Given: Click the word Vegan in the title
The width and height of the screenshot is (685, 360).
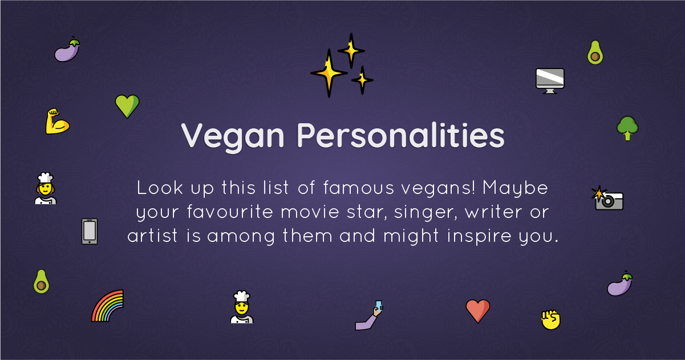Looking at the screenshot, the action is coord(232,137).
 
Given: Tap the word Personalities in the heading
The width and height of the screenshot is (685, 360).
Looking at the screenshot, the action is coord(400,135).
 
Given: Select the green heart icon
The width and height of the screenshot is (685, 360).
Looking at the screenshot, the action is coord(127,106).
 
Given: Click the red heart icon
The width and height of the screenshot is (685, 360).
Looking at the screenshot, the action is coord(477,311).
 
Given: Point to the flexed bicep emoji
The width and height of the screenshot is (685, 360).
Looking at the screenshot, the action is coord(57,122).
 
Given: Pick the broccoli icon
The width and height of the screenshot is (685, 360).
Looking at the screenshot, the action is coord(627,128).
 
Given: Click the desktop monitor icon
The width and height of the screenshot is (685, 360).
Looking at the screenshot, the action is coord(550,81).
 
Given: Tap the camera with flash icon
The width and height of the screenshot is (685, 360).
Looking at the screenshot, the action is coord(607,199).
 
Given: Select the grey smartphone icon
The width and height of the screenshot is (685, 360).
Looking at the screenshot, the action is coord(90,232).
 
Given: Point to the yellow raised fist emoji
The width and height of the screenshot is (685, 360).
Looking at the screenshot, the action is coord(551,319).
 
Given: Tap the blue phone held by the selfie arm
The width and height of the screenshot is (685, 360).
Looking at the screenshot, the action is coord(379,305).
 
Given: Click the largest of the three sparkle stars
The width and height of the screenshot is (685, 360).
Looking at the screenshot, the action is coord(329,73).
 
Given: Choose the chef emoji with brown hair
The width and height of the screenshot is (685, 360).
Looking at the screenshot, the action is coord(46,188).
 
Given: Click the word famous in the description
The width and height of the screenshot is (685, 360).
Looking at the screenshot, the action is coord(359,188).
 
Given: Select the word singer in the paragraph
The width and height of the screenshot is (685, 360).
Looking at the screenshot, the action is coord(425,213).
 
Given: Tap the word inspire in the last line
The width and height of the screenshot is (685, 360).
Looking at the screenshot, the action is coord(479,236).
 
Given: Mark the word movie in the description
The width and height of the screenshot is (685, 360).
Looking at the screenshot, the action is coord(310,212).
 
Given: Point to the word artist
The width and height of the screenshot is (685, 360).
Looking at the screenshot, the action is coord(152,236).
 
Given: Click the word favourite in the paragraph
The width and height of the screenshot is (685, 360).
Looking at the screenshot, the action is coord(230,211).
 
